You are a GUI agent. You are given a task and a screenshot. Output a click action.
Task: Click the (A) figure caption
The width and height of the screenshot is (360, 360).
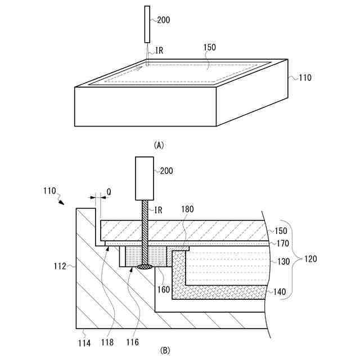coord(159,145)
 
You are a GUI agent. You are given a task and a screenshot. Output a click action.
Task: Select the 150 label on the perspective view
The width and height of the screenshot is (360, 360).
coord(209,48)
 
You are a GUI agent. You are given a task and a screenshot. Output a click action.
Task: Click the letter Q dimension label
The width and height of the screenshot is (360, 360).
coord(109,192)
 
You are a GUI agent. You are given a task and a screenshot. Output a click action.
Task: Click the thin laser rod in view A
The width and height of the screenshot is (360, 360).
coord(147,24)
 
